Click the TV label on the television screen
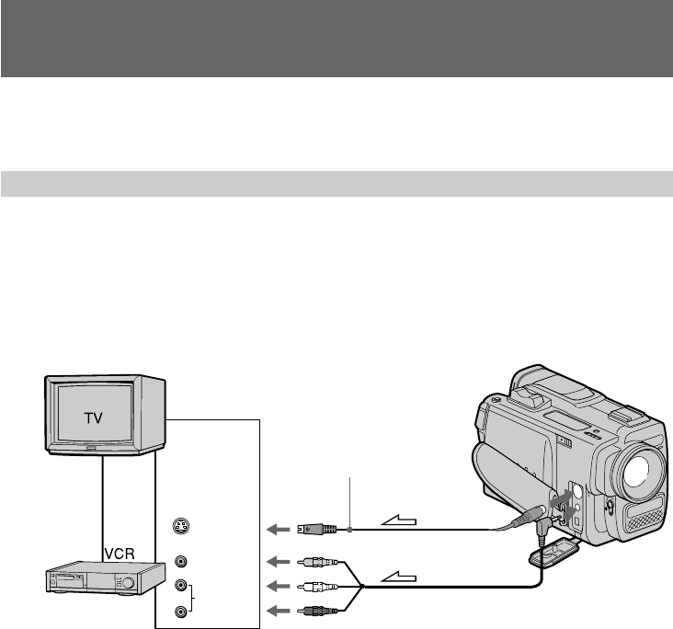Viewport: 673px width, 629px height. tap(93, 417)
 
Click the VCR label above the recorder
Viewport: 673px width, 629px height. tap(120, 554)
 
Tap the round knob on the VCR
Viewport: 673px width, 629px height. tap(128, 583)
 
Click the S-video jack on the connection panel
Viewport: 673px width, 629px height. tap(181, 526)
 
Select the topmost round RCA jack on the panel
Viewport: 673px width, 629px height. tap(181, 561)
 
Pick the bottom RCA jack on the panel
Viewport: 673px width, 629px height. tap(181, 612)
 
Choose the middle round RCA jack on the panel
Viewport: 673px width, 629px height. tap(181, 585)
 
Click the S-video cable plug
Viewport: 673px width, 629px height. tap(317, 529)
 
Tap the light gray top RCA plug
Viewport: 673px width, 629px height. tap(318, 561)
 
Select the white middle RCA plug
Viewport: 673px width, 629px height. tap(318, 586)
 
